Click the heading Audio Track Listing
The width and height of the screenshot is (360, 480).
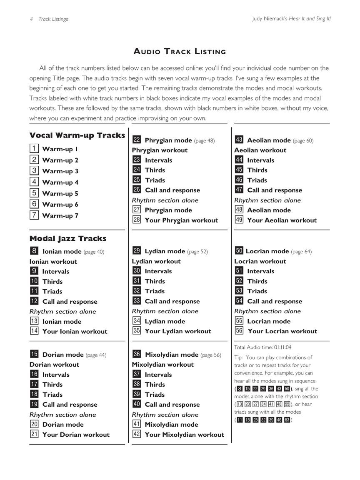tap(180, 52)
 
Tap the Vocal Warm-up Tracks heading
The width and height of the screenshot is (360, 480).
tap(77, 135)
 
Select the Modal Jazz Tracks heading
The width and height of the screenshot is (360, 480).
tap(68, 238)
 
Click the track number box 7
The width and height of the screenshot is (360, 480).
tap(34, 215)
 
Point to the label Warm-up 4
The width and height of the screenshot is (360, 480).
tap(60, 182)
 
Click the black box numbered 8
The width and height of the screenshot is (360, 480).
tap(34, 251)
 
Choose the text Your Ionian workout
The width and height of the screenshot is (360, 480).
tap(75, 331)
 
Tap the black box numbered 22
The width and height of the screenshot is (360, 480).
tap(136, 140)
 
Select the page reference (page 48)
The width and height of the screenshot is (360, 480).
tap(204, 141)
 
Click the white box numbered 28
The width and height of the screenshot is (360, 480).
tap(136, 220)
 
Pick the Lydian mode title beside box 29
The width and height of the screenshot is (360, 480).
tap(165, 251)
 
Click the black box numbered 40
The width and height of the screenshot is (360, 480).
tap(136, 404)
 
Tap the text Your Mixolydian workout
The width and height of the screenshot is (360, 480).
tap(184, 435)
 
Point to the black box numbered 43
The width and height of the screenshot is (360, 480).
tap(239, 140)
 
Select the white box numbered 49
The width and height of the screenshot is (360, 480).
tap(239, 220)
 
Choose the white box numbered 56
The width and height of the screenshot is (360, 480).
tap(239, 331)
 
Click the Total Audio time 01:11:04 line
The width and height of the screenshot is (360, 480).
tap(262, 347)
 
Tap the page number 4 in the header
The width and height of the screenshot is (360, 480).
tap(31, 19)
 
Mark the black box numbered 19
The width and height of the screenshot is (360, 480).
tap(34, 404)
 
